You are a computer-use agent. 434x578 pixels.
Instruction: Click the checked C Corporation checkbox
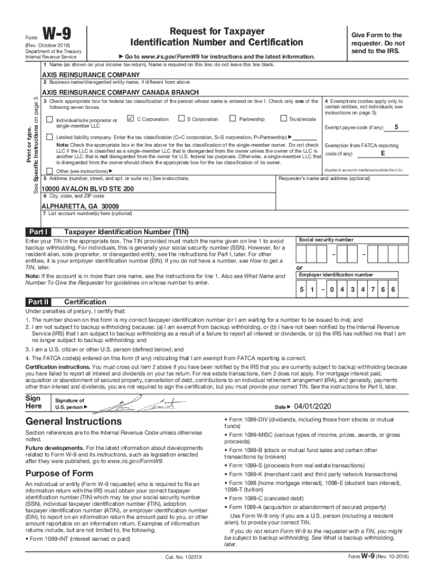click(x=131, y=119)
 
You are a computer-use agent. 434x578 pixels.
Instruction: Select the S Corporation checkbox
click(x=181, y=119)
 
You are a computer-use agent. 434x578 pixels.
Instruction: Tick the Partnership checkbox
click(x=232, y=119)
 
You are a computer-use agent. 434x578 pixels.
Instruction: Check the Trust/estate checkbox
click(x=283, y=119)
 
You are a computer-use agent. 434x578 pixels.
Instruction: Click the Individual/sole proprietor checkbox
click(x=50, y=120)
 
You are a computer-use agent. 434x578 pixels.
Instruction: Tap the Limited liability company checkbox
click(x=50, y=137)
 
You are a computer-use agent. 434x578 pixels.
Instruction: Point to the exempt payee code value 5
click(x=397, y=126)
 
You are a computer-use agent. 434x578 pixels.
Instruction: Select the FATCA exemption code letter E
click(x=383, y=153)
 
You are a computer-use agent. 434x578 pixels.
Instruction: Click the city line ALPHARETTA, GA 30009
click(x=81, y=206)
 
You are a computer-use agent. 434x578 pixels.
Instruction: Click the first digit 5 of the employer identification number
click(x=302, y=290)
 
